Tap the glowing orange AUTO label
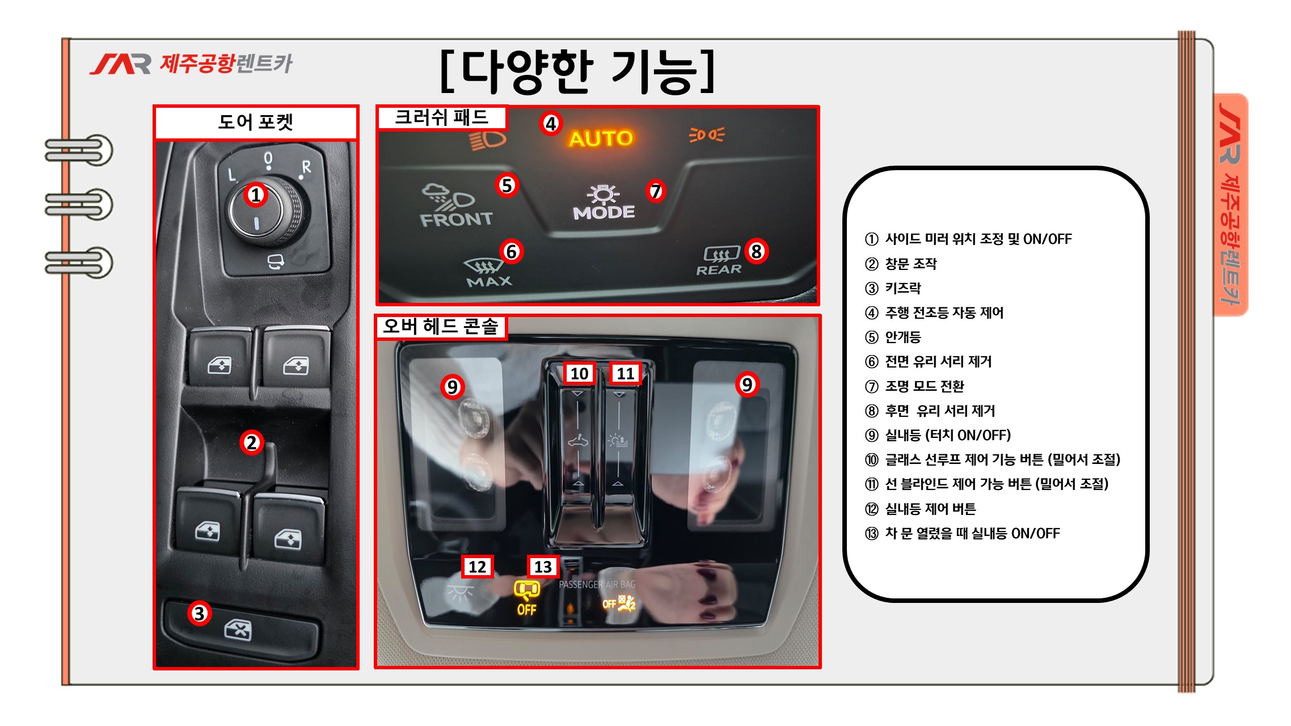click(601, 138)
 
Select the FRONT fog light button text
click(456, 220)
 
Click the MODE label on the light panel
click(604, 213)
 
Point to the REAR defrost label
click(719, 270)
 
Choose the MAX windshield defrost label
click(489, 281)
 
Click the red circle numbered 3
click(199, 613)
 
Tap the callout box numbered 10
click(579, 374)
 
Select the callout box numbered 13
click(543, 567)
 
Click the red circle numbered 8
click(756, 251)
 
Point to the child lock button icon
click(238, 630)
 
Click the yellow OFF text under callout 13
click(526, 610)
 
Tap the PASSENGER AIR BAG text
click(597, 584)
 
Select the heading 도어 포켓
click(256, 122)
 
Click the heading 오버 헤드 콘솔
click(441, 326)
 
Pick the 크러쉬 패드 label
click(441, 117)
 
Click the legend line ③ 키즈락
click(893, 288)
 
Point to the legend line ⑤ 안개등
click(893, 337)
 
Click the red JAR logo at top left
click(120, 64)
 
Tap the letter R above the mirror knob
click(306, 167)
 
